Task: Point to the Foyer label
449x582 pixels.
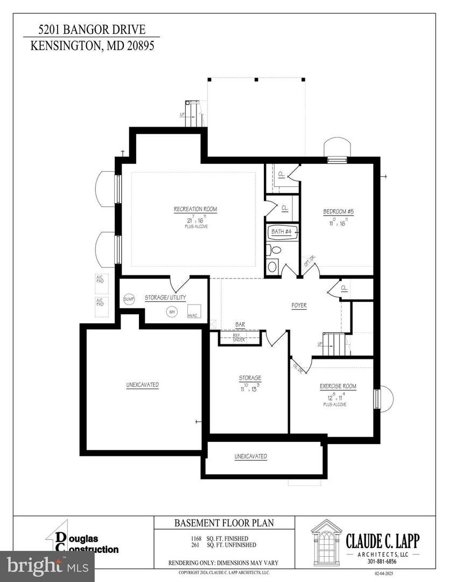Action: point(299,306)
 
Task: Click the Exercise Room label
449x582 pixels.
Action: point(338,386)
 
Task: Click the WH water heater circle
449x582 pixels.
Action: point(172,311)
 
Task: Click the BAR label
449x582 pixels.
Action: point(240,325)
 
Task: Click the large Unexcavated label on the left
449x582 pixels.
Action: point(142,385)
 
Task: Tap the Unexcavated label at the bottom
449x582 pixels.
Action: point(250,456)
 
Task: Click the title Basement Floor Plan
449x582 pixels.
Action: point(224,523)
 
